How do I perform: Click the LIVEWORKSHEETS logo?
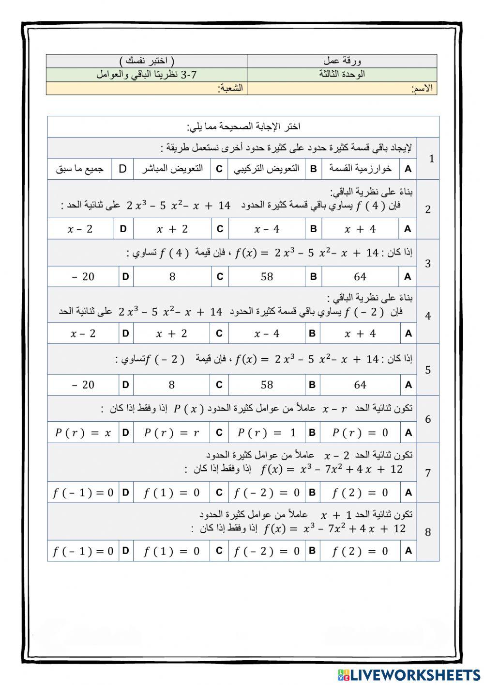[x=409, y=674]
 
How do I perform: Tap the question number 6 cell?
[x=427, y=419]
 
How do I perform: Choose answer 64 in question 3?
[x=360, y=277]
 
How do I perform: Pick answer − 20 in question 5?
[x=83, y=385]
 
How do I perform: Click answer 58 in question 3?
[x=267, y=277]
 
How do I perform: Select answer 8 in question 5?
[x=171, y=385]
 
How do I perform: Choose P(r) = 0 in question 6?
[x=360, y=433]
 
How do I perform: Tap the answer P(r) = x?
[x=83, y=433]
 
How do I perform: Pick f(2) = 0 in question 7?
[x=360, y=494]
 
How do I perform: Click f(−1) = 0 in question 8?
[x=83, y=551]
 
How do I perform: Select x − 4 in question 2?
[x=267, y=229]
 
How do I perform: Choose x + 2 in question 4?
[x=171, y=334]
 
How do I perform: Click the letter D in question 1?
[x=122, y=169]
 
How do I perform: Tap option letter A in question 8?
[x=408, y=551]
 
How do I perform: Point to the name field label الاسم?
[x=422, y=89]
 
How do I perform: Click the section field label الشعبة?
[x=231, y=88]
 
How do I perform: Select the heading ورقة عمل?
[x=342, y=61]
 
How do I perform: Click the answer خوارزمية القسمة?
[x=360, y=168]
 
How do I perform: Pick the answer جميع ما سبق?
[x=80, y=169]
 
